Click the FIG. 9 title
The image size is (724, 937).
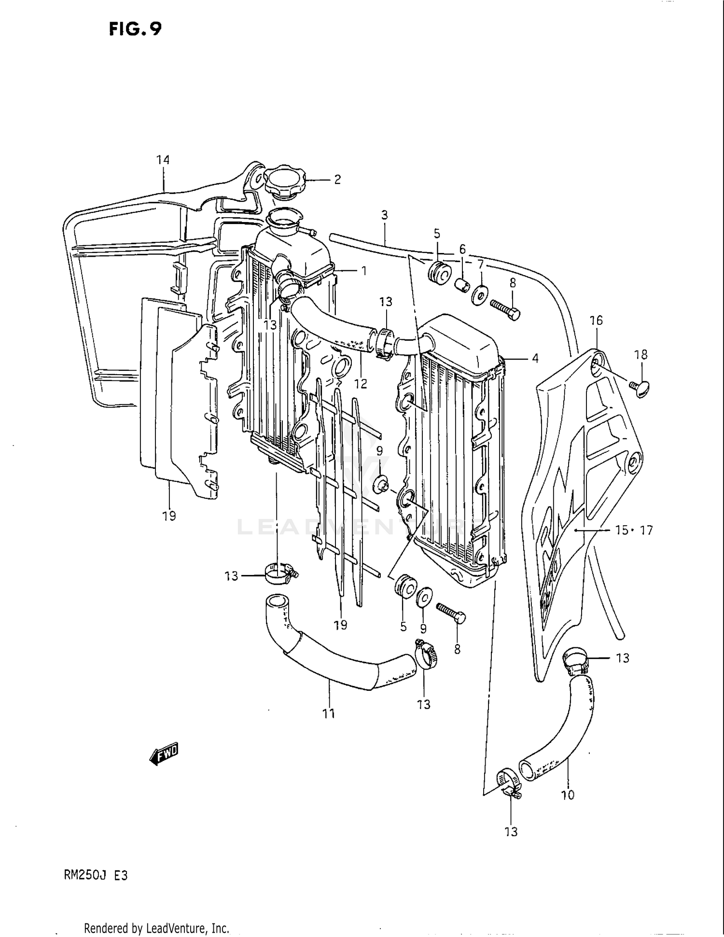pyautogui.click(x=135, y=30)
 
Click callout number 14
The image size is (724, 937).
pyautogui.click(x=163, y=160)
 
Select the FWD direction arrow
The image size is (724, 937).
pyautogui.click(x=164, y=753)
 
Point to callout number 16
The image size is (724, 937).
pyautogui.click(x=596, y=321)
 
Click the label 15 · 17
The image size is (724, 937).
pyautogui.click(x=634, y=531)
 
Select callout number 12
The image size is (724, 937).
pyautogui.click(x=361, y=384)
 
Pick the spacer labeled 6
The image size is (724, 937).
pyautogui.click(x=462, y=284)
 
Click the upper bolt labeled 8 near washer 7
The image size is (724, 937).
pyautogui.click(x=505, y=309)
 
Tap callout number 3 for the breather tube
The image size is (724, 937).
pyautogui.click(x=384, y=215)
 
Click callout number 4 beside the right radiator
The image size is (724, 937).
pyautogui.click(x=535, y=358)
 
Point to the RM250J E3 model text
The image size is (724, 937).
pyautogui.click(x=96, y=875)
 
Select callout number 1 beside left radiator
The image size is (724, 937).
pyautogui.click(x=364, y=271)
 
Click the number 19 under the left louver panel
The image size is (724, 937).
pyautogui.click(x=169, y=516)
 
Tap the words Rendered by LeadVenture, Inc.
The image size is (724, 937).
pyautogui.click(x=156, y=928)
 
